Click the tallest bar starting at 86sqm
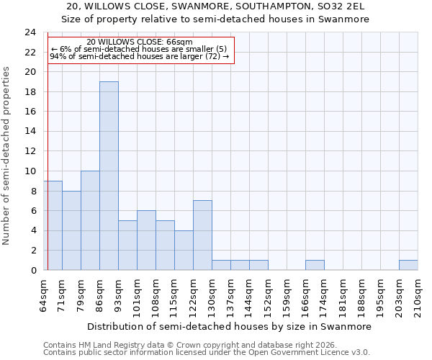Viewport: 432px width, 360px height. tap(109, 176)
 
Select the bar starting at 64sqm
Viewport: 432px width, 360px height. tap(53, 225)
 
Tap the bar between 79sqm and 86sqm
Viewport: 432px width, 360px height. tap(90, 220)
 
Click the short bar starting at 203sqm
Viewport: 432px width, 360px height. tap(408, 265)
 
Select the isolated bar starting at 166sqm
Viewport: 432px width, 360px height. tap(315, 265)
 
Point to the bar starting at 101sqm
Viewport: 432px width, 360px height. tap(146, 240)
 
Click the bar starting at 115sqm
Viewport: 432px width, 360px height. tap(184, 250)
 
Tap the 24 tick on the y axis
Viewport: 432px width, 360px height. tap(30, 32)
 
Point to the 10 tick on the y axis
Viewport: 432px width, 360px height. tap(30, 171)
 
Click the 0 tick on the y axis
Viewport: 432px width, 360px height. tap(33, 270)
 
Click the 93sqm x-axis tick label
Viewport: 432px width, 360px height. tap(118, 294)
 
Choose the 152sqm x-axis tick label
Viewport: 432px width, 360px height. tap(268, 296)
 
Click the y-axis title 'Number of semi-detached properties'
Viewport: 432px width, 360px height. tap(7, 156)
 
